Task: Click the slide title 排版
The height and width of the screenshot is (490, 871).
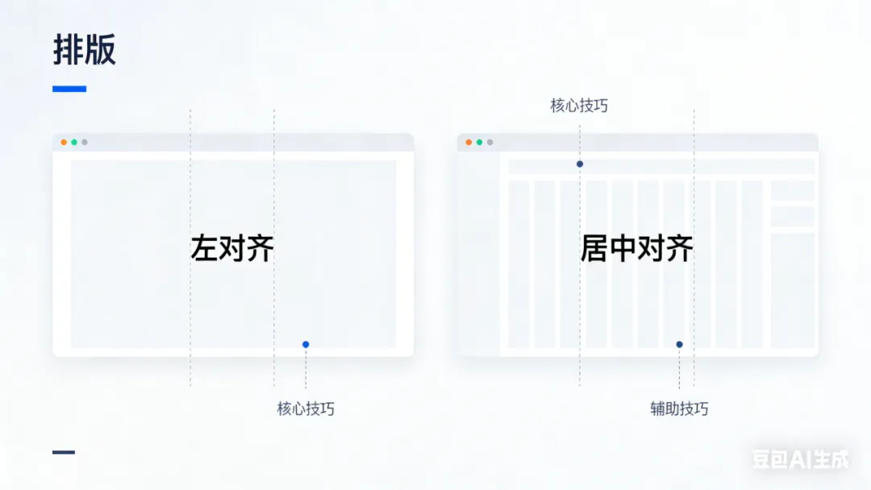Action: pyautogui.click(x=85, y=50)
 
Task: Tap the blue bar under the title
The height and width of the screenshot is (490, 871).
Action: pyautogui.click(x=69, y=89)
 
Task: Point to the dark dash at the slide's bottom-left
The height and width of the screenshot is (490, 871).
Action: pyautogui.click(x=64, y=452)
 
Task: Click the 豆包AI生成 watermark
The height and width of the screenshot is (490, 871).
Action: pyautogui.click(x=800, y=459)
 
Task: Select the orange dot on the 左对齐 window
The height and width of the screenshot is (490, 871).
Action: pyautogui.click(x=64, y=143)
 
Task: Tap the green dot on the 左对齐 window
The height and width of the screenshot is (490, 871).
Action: pyautogui.click(x=74, y=143)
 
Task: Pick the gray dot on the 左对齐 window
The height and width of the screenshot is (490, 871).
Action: pyautogui.click(x=85, y=143)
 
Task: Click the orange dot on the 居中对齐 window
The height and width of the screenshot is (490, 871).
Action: pyautogui.click(x=469, y=143)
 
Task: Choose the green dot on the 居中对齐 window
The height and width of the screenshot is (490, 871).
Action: pyautogui.click(x=479, y=143)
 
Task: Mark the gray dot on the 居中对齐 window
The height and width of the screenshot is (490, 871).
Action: pyautogui.click(x=490, y=143)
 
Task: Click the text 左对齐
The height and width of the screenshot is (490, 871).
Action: pyautogui.click(x=232, y=248)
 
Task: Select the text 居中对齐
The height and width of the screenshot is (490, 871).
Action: pyautogui.click(x=636, y=248)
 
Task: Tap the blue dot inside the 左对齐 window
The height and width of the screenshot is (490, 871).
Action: pyautogui.click(x=306, y=344)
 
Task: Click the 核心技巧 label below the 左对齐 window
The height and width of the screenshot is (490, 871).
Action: pyautogui.click(x=306, y=409)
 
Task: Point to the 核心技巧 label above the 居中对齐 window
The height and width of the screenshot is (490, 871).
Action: pyautogui.click(x=579, y=106)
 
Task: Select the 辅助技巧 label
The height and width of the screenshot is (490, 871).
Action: pyautogui.click(x=679, y=409)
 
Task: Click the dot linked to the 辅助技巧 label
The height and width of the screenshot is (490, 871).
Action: pyautogui.click(x=679, y=344)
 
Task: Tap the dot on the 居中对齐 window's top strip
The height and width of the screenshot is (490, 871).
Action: pyautogui.click(x=579, y=164)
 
